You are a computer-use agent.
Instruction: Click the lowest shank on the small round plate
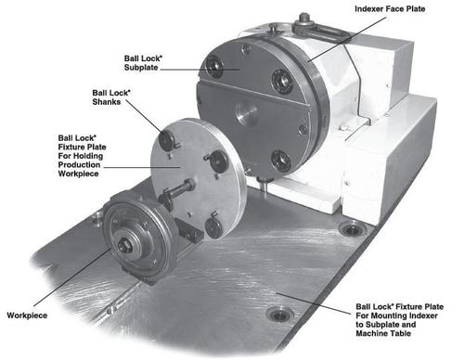pyautogui.click(x=213, y=223)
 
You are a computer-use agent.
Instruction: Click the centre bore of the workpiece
pyautogui.click(x=124, y=245)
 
